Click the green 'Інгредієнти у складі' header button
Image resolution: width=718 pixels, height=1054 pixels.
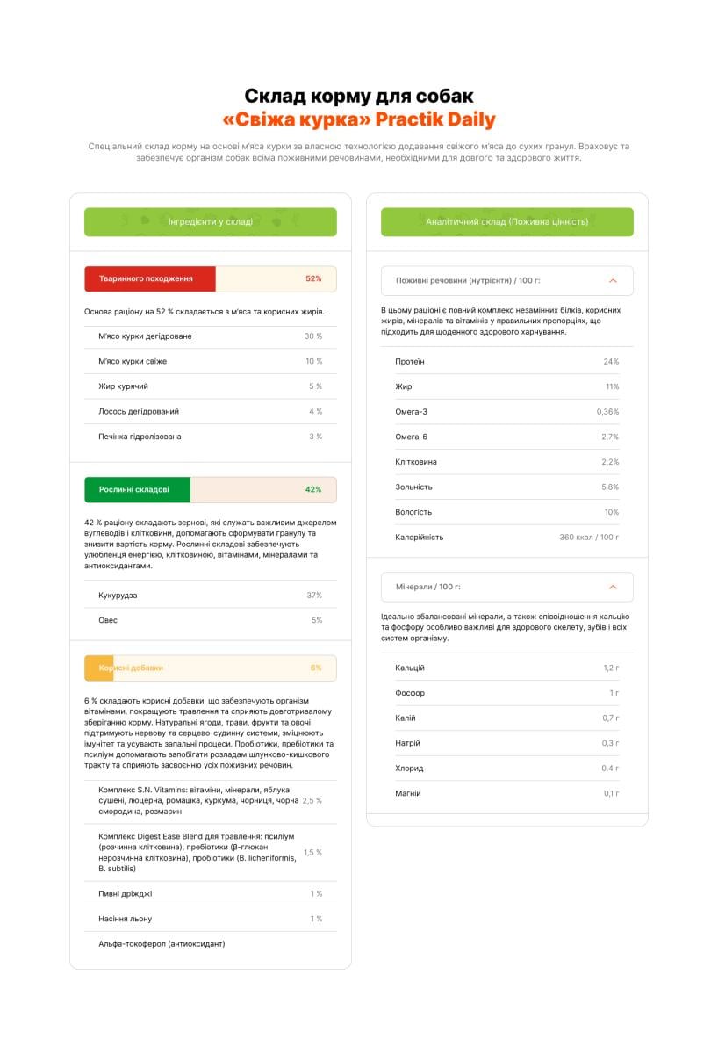[210, 222]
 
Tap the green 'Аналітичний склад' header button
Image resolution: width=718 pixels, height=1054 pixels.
[506, 222]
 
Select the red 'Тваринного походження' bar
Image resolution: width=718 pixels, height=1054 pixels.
[150, 278]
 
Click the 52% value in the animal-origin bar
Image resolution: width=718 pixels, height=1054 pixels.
[313, 278]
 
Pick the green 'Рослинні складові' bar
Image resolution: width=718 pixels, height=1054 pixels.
[137, 489]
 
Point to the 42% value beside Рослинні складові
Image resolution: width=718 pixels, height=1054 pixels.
[313, 489]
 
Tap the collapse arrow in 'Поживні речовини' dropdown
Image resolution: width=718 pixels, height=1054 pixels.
[613, 281]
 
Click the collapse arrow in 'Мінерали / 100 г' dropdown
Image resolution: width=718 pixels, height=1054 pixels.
[613, 587]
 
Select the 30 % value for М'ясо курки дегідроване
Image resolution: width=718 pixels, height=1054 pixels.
[313, 336]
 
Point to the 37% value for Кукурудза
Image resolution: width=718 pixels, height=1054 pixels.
[314, 596]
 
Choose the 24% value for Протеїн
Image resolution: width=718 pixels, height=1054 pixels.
[611, 362]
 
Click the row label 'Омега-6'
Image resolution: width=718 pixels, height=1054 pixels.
[412, 437]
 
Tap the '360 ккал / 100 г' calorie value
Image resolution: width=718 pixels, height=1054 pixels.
[589, 537]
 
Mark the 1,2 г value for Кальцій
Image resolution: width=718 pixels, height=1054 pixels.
[611, 668]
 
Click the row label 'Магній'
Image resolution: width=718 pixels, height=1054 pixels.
[408, 793]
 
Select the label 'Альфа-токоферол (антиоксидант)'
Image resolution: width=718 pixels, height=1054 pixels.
[162, 944]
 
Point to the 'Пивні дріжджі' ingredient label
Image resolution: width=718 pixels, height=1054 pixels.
[125, 894]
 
